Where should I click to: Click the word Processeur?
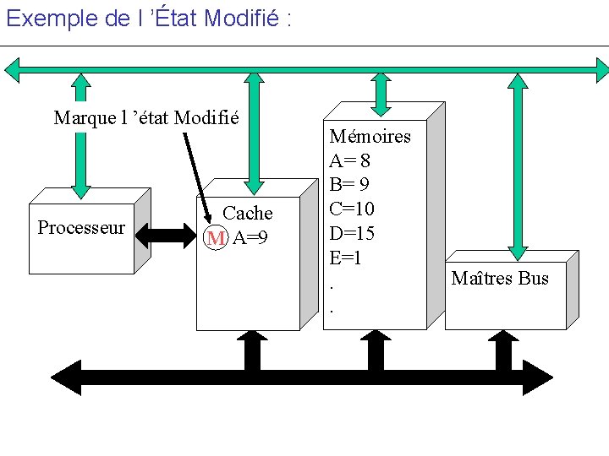(81, 228)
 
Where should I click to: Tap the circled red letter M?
(217, 238)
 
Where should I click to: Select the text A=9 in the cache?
(250, 238)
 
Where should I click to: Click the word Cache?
(247, 214)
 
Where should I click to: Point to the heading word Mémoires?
(370, 136)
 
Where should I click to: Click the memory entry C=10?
(352, 209)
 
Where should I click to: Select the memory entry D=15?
(352, 233)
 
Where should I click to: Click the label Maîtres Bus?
(500, 278)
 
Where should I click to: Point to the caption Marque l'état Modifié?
(146, 117)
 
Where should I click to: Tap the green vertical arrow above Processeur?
(80, 137)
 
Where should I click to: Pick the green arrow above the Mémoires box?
(381, 91)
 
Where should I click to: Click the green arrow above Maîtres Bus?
(517, 160)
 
